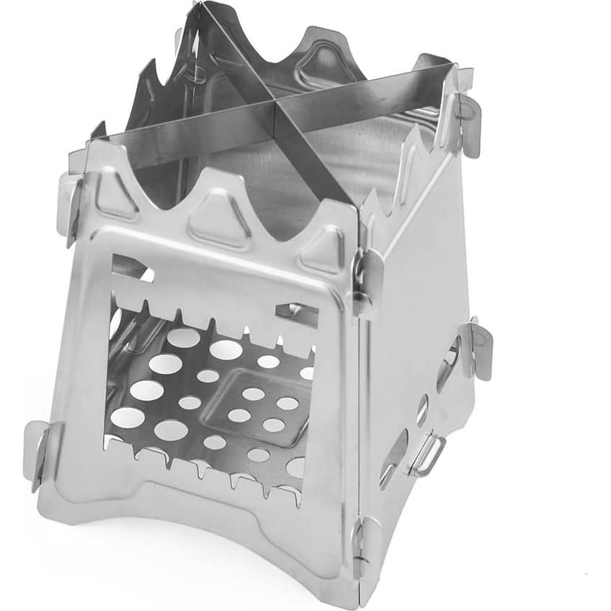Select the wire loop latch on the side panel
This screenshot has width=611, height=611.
click(x=426, y=454)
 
